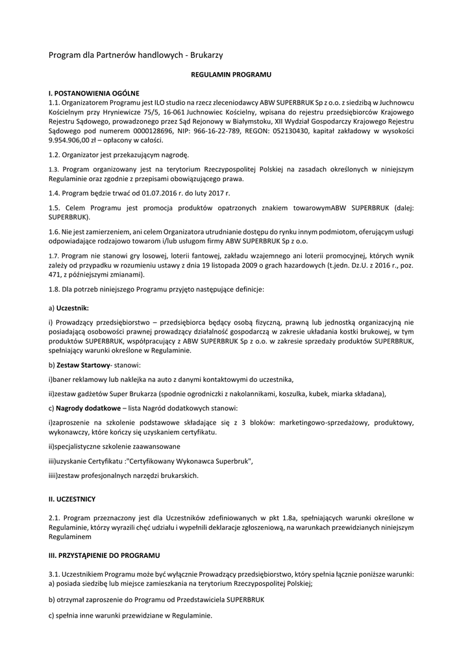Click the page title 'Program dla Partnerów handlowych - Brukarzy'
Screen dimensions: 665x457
136,56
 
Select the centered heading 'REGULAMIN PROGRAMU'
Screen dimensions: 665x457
231,75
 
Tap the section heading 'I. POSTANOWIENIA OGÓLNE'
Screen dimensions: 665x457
94,93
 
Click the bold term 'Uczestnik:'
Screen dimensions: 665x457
73,307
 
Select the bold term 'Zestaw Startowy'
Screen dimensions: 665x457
82,366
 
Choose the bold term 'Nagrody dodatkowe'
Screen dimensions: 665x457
88,408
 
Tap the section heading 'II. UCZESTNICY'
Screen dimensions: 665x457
72,499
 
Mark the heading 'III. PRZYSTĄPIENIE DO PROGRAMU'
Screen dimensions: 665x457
104,556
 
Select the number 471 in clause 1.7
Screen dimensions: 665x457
55,274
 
